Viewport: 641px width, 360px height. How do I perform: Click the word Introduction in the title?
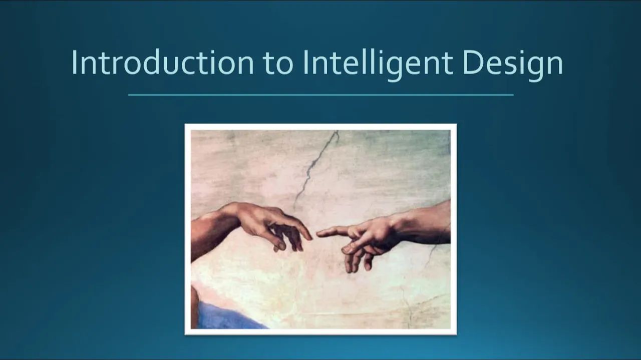163,63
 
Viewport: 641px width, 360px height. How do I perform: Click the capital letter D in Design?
472,63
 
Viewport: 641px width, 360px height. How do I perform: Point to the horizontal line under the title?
320,95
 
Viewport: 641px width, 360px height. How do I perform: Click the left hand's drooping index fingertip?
309,236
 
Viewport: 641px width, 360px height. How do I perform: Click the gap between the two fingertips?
314,234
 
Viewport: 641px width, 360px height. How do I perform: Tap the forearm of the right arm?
426,220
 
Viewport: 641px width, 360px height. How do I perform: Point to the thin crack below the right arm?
431,255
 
